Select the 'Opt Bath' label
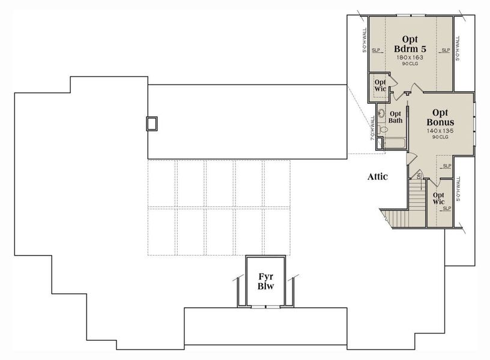pyautogui.click(x=395, y=116)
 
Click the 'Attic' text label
pyautogui.click(x=378, y=176)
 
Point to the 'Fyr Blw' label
pyautogui.click(x=266, y=281)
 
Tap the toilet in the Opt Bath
pyautogui.click(x=384, y=128)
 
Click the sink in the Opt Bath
pyautogui.click(x=382, y=113)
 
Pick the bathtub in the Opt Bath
pyautogui.click(x=393, y=143)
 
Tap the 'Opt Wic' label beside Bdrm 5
pyautogui.click(x=380, y=86)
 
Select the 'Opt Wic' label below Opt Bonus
pyautogui.click(x=439, y=199)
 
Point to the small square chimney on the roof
pyautogui.click(x=153, y=123)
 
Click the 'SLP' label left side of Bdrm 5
pyautogui.click(x=376, y=50)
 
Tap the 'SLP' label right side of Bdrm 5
pyautogui.click(x=446, y=50)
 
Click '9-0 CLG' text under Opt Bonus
pyautogui.click(x=440, y=137)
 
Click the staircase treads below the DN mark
pyautogui.click(x=416, y=201)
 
